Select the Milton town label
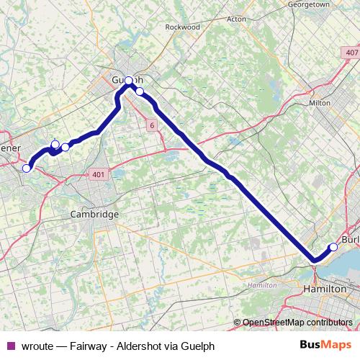tap(319, 103)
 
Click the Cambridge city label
tap(94, 215)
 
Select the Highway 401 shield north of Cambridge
tap(99, 174)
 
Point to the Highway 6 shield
tap(153, 125)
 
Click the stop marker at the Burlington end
tap(333, 248)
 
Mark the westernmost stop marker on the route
tap(27, 168)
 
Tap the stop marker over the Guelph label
tap(129, 81)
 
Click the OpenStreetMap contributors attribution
tap(297, 323)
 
